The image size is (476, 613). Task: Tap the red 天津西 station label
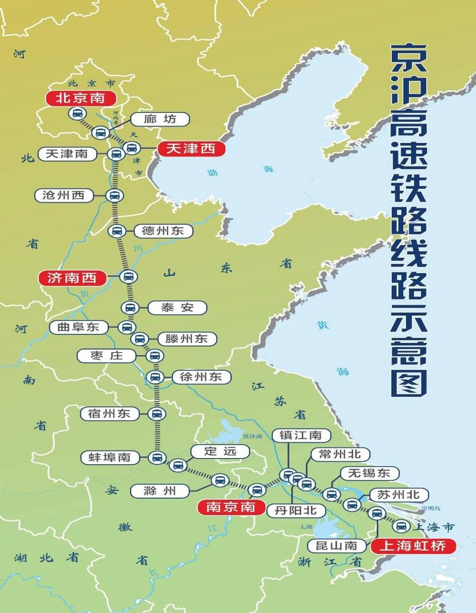[x=190, y=149]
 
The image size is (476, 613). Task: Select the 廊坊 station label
[x=160, y=119]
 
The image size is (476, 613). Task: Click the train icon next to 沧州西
[x=114, y=195]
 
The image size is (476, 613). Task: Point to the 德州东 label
[x=163, y=231]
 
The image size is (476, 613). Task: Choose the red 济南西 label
[x=72, y=277]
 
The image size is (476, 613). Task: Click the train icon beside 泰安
[x=129, y=307]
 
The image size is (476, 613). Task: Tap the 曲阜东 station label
[x=78, y=327]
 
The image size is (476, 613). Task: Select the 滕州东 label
[x=186, y=339]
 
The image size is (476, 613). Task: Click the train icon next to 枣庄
[x=155, y=356]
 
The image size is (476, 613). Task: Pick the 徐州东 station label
[x=201, y=377]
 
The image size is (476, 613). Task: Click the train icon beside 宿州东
[x=156, y=414]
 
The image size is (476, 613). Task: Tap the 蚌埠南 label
[x=109, y=458]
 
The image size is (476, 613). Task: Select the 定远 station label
[x=220, y=451]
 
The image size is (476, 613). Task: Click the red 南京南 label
[x=230, y=507]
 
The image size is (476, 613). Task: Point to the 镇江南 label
[x=300, y=435]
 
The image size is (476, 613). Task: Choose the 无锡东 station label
[x=369, y=473]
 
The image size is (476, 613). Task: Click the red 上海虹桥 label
[x=413, y=545]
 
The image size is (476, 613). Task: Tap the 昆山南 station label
[x=337, y=545]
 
